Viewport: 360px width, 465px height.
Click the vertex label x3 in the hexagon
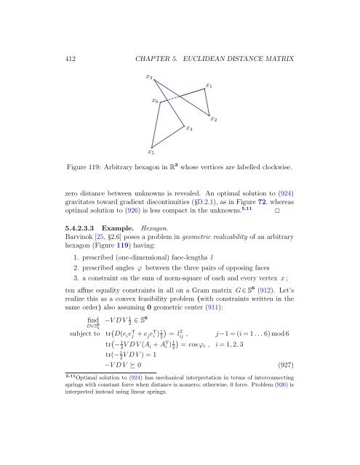148,75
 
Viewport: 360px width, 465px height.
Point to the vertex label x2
214,118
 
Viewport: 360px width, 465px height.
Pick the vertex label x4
189,129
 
